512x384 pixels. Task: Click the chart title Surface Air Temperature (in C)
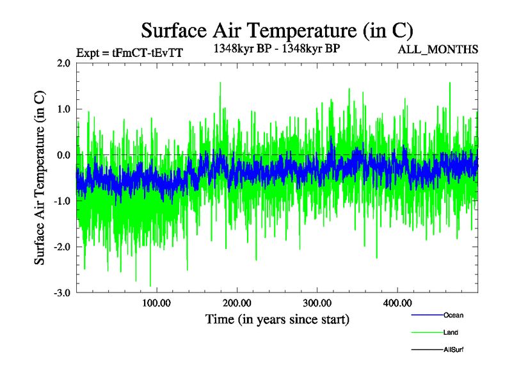[276, 31]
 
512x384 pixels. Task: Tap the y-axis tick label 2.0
[63, 63]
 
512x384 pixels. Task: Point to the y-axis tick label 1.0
[63, 109]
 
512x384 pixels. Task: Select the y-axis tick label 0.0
[63, 156]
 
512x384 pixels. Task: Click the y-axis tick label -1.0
[61, 201]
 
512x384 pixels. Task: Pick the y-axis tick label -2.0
[61, 247]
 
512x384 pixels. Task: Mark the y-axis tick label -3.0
[61, 293]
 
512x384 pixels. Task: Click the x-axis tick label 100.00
[157, 303]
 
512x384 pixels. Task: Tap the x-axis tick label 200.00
[237, 303]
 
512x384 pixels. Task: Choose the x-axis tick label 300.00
[317, 303]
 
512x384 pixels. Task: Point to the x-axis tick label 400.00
[397, 303]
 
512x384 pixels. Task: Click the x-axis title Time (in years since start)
[277, 319]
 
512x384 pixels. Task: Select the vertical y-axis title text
[40, 178]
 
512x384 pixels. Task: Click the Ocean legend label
[453, 315]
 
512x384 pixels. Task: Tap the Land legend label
[451, 333]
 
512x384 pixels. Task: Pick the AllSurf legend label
[454, 350]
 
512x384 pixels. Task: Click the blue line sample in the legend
[426, 315]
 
